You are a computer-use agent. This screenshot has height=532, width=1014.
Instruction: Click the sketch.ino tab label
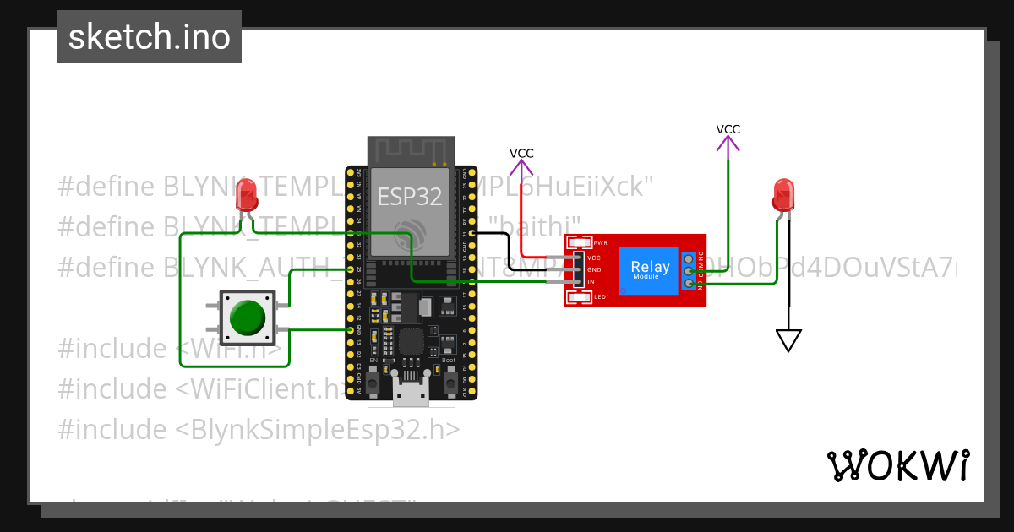(150, 37)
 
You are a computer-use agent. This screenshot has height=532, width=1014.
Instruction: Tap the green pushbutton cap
(248, 318)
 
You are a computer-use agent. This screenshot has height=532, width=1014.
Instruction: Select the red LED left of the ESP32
(247, 197)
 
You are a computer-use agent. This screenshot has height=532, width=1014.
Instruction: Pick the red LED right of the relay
(783, 195)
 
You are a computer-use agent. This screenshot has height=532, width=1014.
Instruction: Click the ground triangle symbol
(788, 340)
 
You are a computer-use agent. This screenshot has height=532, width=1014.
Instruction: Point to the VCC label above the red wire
(521, 153)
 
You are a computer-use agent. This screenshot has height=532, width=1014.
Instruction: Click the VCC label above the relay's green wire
(728, 129)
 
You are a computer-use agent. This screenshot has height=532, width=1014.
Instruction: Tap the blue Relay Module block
(650, 271)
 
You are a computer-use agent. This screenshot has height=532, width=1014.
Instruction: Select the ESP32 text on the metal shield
(409, 197)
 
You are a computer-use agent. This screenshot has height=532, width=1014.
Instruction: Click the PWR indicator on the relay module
(581, 242)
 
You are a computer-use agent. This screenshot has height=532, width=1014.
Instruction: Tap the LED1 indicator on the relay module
(581, 297)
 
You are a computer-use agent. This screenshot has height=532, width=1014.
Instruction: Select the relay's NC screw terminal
(690, 258)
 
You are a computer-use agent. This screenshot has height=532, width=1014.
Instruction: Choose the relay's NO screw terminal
(690, 284)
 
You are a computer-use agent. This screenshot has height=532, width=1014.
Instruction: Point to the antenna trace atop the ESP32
(410, 151)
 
